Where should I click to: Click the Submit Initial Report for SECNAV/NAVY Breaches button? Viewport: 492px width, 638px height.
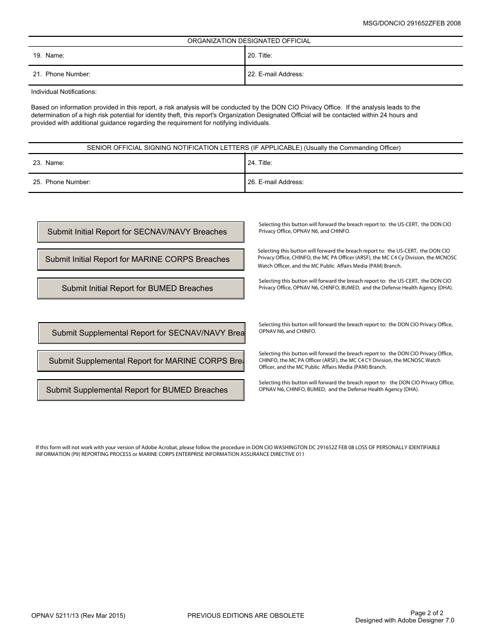click(140, 232)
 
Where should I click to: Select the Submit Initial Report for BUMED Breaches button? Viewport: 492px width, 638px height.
click(140, 288)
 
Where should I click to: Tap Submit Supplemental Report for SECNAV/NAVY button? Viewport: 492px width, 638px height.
click(141, 333)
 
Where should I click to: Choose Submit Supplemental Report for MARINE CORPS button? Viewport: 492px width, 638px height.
click(140, 361)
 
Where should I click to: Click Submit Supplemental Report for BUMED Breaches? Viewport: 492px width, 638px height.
click(140, 390)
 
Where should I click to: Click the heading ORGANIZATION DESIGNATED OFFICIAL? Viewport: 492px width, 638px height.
click(249, 41)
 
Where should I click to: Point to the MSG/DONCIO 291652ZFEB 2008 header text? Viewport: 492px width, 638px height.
click(412, 23)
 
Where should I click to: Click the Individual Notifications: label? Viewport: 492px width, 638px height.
click(64, 92)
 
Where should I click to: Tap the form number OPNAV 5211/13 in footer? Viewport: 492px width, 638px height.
click(78, 616)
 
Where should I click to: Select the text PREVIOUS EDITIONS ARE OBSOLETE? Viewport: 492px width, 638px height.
click(245, 616)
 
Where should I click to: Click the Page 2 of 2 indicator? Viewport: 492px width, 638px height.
click(427, 613)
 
